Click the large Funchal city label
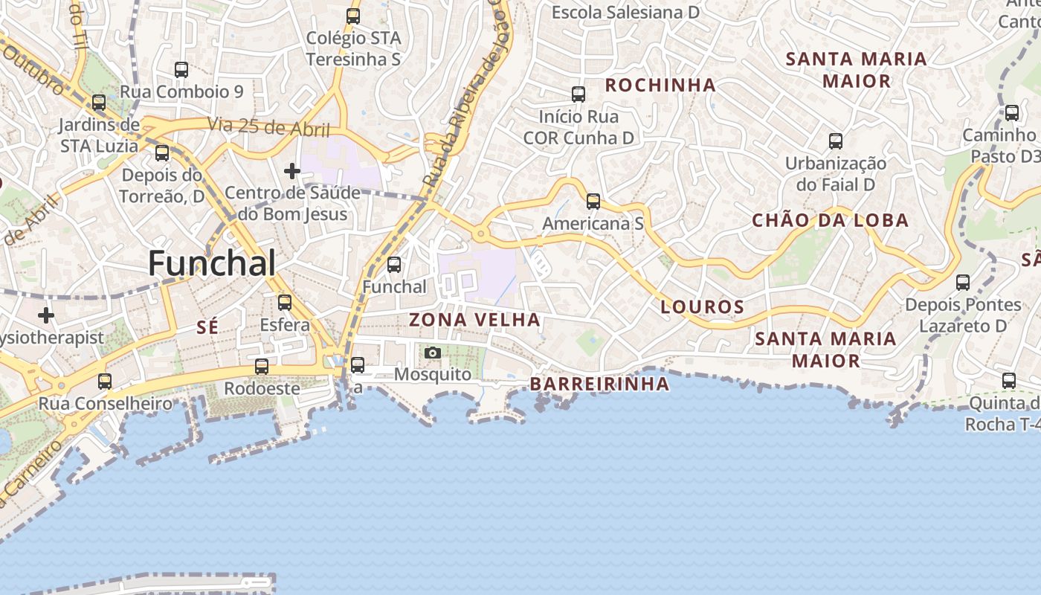(212, 263)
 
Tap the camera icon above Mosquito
(433, 353)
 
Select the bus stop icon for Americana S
(593, 202)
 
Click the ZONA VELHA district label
(474, 320)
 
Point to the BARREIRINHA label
(599, 384)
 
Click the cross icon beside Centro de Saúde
(292, 172)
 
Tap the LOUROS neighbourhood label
(702, 306)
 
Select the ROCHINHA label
(660, 85)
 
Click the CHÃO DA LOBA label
(830, 220)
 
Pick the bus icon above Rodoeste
(262, 367)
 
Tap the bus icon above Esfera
(285, 303)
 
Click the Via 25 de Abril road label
(268, 126)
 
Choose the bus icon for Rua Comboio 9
(181, 70)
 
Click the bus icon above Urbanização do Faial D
(836, 141)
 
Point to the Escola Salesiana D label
(625, 12)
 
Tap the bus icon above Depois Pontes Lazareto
(963, 283)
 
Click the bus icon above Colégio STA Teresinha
(353, 16)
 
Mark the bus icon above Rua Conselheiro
(105, 382)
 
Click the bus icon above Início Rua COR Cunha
(578, 94)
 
